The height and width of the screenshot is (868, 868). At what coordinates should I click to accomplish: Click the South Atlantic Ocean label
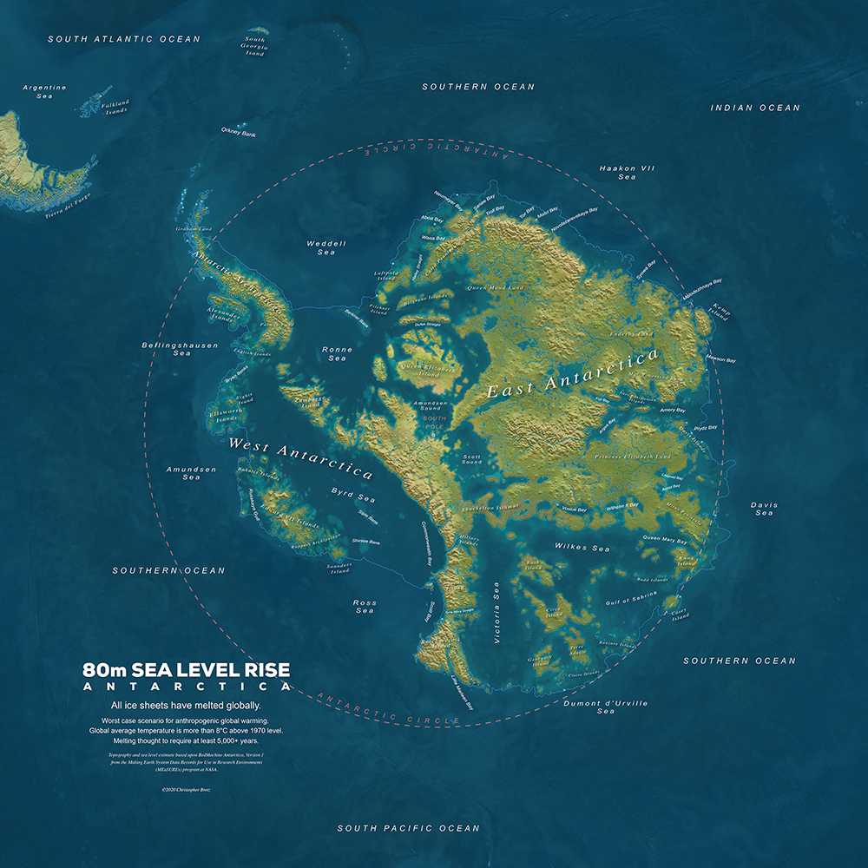[x=123, y=39]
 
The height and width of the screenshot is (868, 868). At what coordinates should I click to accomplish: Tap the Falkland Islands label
[x=115, y=108]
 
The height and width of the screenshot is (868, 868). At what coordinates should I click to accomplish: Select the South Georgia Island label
[x=254, y=46]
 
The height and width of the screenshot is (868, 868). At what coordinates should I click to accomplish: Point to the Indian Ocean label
[x=755, y=108]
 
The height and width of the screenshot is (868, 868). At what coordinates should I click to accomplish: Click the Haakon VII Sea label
[x=627, y=172]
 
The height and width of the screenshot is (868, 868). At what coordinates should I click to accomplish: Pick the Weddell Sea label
[x=326, y=248]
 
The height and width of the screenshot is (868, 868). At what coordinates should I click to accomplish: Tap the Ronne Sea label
[x=337, y=353]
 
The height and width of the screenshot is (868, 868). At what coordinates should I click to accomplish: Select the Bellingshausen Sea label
[x=180, y=349]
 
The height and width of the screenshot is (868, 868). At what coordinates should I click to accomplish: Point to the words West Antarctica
[x=300, y=458]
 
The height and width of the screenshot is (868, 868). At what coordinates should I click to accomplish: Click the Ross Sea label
[x=365, y=606]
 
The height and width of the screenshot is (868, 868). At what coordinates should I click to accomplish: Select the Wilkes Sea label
[x=582, y=549]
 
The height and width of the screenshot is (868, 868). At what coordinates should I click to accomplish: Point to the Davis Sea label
[x=764, y=509]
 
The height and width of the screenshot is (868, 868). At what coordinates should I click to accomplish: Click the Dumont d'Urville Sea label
[x=606, y=707]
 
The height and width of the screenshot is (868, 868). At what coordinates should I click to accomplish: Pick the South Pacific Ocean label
[x=408, y=828]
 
